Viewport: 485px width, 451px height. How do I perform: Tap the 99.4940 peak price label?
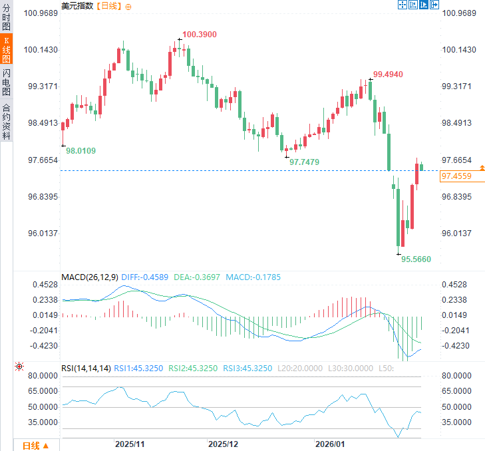click(388, 75)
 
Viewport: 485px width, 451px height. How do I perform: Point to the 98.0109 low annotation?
click(81, 151)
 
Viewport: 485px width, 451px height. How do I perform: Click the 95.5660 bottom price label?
click(416, 258)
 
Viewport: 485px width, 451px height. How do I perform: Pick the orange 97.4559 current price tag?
click(456, 176)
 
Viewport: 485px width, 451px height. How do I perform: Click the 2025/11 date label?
click(129, 444)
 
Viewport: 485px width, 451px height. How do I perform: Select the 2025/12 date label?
click(222, 444)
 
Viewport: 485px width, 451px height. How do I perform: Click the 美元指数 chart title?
click(77, 6)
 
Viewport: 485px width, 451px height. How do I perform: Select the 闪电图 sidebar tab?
click(6, 82)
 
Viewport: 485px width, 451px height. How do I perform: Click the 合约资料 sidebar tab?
click(6, 120)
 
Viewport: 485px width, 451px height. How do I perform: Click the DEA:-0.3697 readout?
click(198, 277)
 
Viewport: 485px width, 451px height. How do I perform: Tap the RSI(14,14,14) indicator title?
click(86, 368)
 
